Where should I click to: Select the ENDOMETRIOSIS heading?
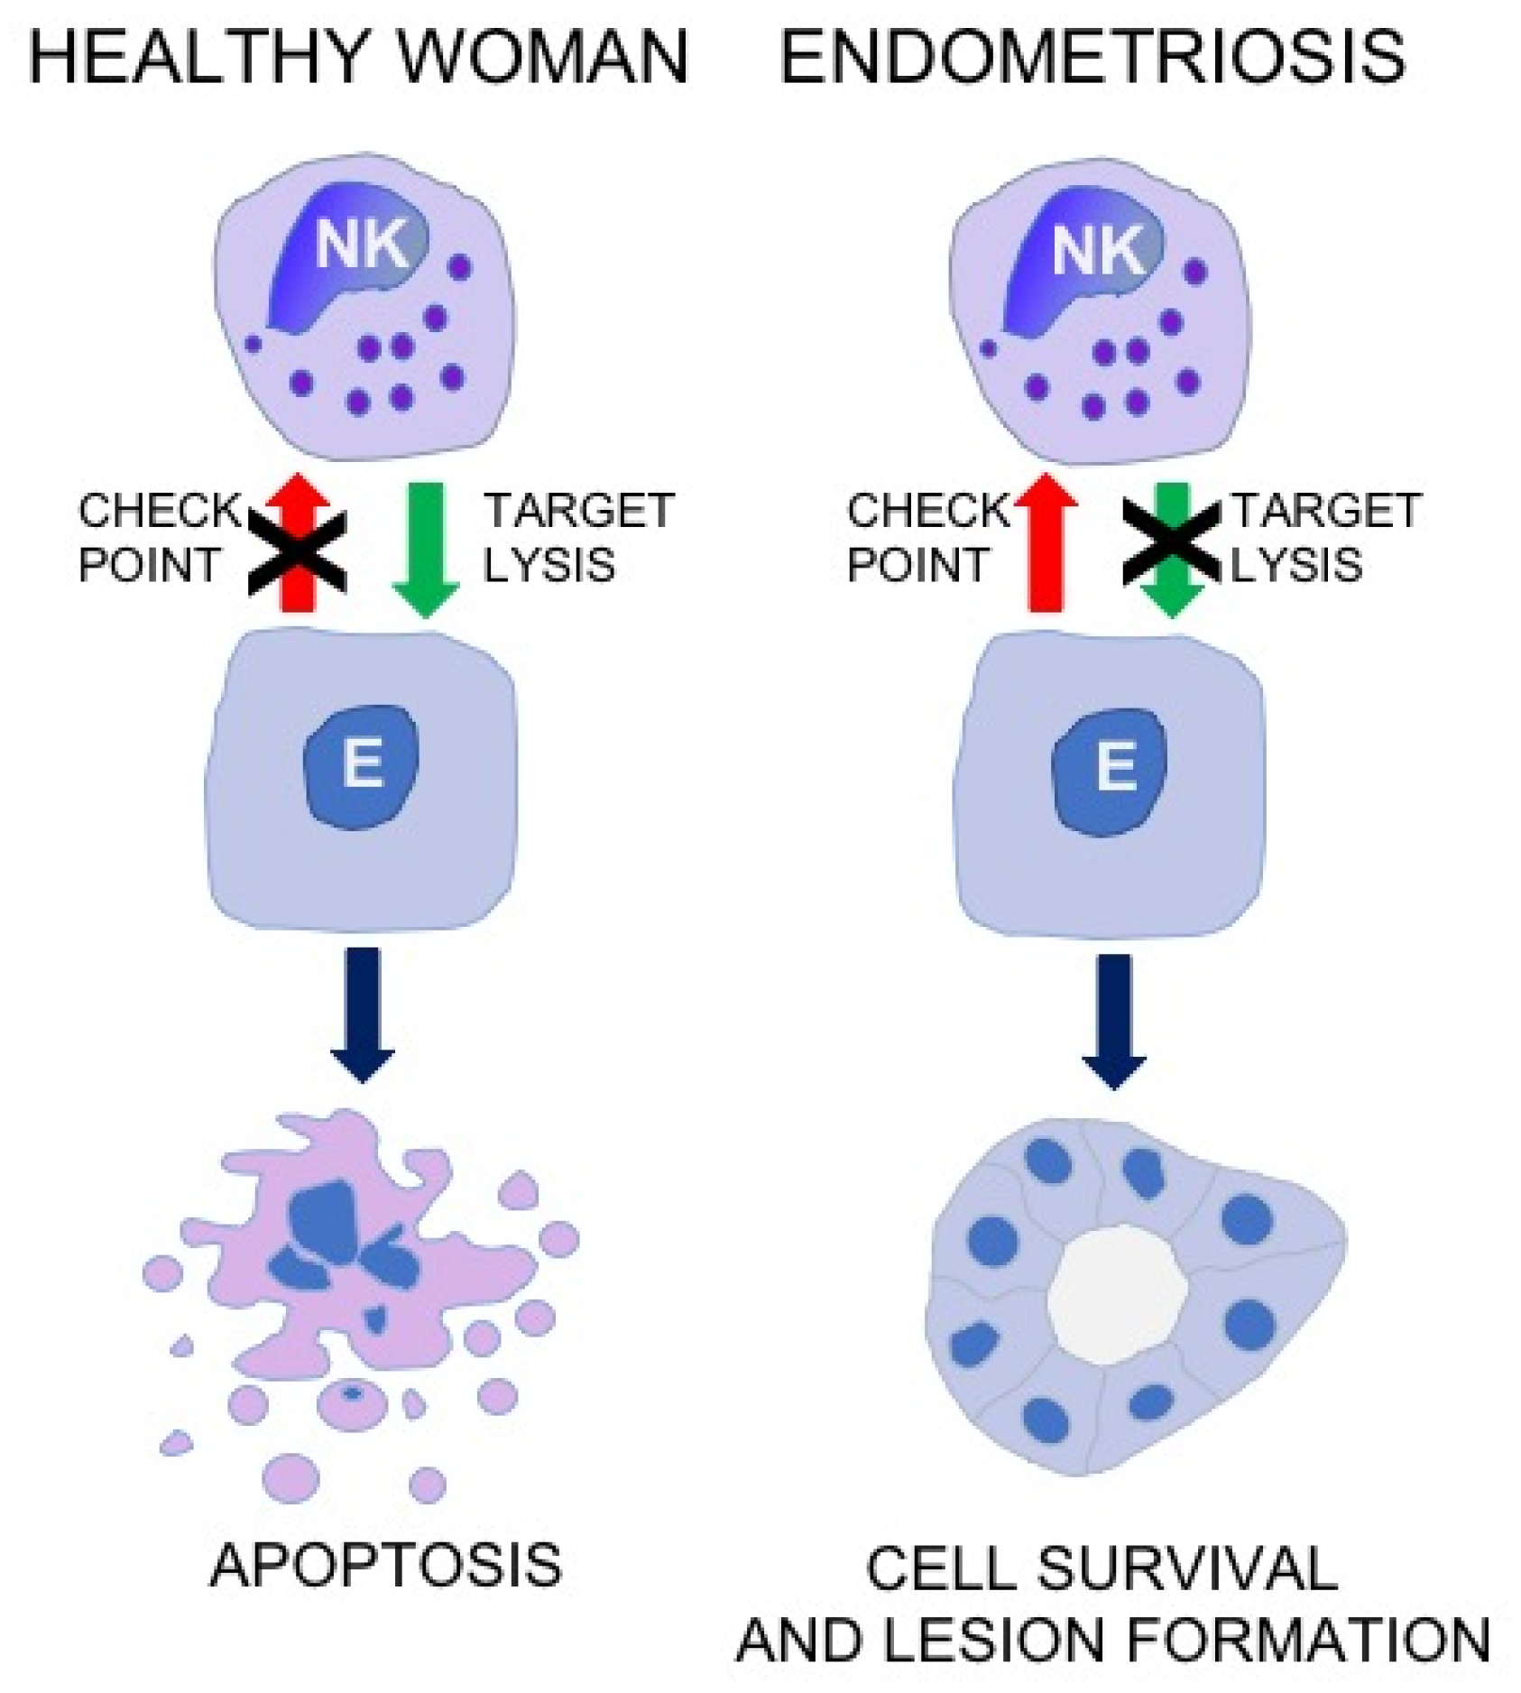[x=1092, y=57]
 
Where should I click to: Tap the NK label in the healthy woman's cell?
[x=361, y=244]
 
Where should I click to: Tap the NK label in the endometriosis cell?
[x=1098, y=249]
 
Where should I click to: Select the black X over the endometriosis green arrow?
[x=1170, y=541]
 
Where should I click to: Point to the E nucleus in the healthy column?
[x=362, y=766]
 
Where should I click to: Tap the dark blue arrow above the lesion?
[x=1114, y=1019]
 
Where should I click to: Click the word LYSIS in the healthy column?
[x=548, y=565]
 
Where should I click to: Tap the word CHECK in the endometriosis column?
[x=928, y=511]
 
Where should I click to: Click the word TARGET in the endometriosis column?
[x=1326, y=511]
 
